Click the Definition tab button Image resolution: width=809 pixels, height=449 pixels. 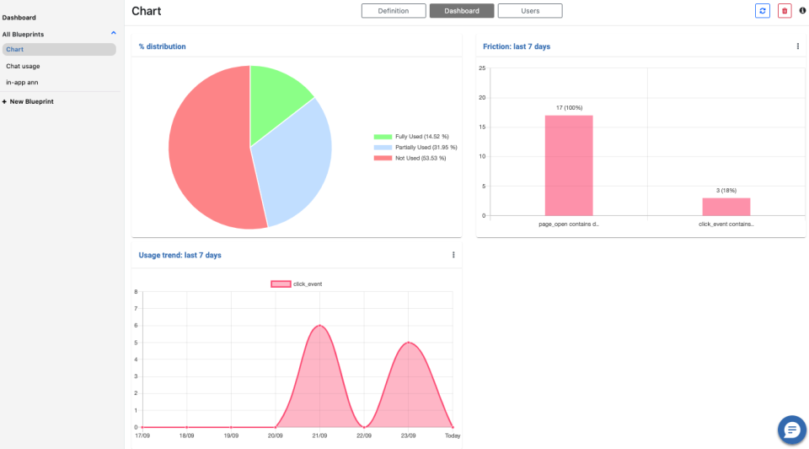(394, 11)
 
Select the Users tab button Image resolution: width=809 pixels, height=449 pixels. (529, 11)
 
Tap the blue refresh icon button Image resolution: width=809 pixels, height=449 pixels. (762, 11)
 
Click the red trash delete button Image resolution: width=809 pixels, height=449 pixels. (785, 11)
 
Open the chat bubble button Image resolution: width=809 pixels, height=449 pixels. (791, 430)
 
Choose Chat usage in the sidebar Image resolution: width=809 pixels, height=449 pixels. (24, 66)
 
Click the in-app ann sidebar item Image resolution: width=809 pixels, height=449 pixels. (23, 82)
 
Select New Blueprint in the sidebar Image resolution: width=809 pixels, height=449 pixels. (31, 101)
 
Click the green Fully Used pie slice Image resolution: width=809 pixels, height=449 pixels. (276, 97)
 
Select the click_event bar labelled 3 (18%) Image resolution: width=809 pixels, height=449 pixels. (726, 207)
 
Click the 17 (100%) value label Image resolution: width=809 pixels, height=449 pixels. (569, 108)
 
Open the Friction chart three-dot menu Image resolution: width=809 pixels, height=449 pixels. (797, 46)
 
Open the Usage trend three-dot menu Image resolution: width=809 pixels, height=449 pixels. (453, 255)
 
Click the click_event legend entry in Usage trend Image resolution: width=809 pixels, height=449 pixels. (297, 284)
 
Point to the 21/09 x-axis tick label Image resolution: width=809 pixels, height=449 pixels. (319, 436)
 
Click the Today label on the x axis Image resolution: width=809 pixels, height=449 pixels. (453, 436)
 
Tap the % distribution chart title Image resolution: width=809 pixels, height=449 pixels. (163, 46)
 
